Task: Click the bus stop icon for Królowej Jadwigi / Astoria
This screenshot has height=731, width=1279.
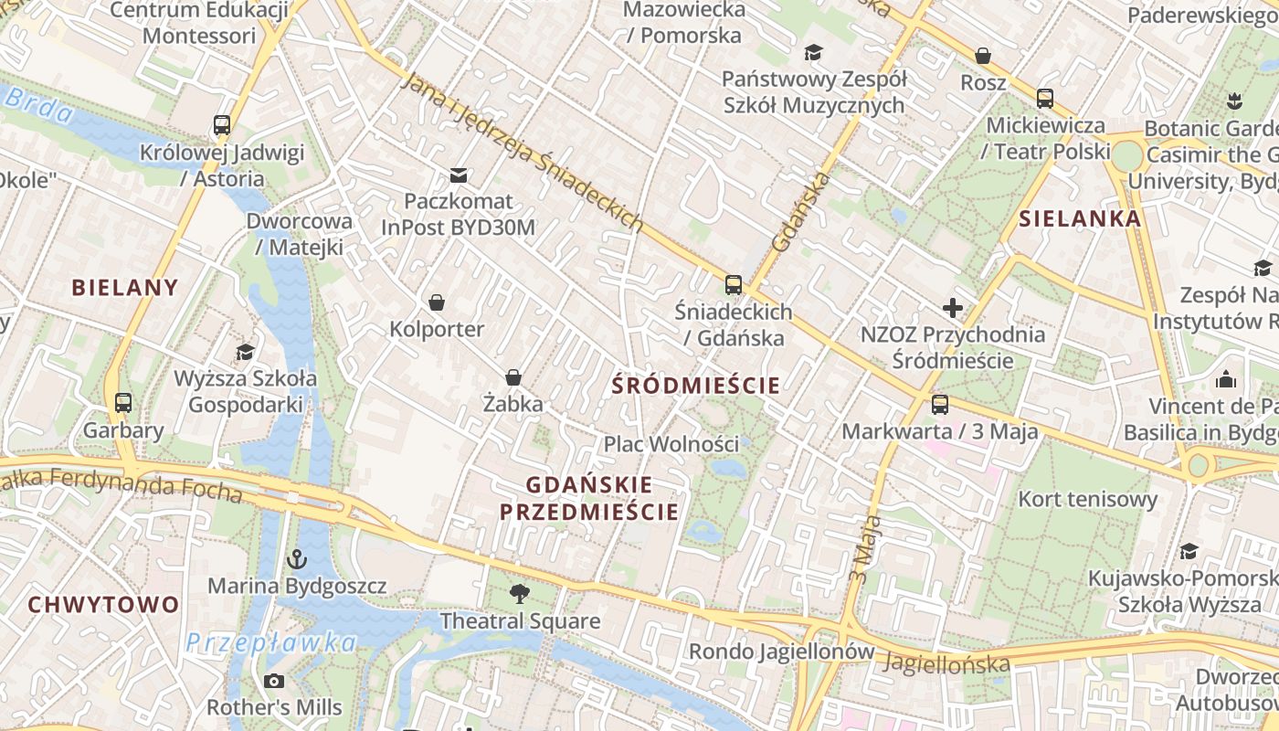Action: pyautogui.click(x=221, y=125)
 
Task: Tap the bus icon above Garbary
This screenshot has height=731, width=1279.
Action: pyautogui.click(x=122, y=402)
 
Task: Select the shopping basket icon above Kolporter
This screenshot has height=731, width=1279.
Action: pyautogui.click(x=437, y=302)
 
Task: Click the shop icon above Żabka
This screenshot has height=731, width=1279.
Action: pyautogui.click(x=513, y=377)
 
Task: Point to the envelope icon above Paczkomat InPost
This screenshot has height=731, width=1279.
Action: pyautogui.click(x=458, y=175)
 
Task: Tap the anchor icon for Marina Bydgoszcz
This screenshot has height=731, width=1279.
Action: pyautogui.click(x=296, y=558)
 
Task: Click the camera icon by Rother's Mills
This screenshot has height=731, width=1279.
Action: pyautogui.click(x=273, y=681)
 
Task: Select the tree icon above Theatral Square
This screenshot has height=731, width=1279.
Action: pyautogui.click(x=520, y=594)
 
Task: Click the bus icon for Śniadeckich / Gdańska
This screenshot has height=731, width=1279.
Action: pyautogui.click(x=733, y=284)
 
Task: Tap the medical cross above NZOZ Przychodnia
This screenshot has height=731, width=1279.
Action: pyautogui.click(x=953, y=308)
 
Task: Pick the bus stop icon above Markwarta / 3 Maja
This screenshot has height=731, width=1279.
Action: pyautogui.click(x=939, y=404)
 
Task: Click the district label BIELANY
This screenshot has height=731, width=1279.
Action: pyautogui.click(x=125, y=288)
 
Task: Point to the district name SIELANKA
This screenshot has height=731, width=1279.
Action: pyautogui.click(x=1080, y=218)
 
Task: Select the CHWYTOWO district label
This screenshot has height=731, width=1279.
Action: pyautogui.click(x=103, y=605)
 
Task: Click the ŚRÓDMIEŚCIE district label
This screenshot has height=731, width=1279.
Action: pyautogui.click(x=696, y=386)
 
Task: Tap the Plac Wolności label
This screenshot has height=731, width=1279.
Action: pyautogui.click(x=671, y=444)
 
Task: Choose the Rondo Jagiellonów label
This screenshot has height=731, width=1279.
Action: pyautogui.click(x=781, y=652)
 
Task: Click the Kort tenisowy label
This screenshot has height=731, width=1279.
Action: pyautogui.click(x=1087, y=500)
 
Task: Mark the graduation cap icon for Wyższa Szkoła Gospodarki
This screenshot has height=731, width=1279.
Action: pyautogui.click(x=245, y=352)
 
